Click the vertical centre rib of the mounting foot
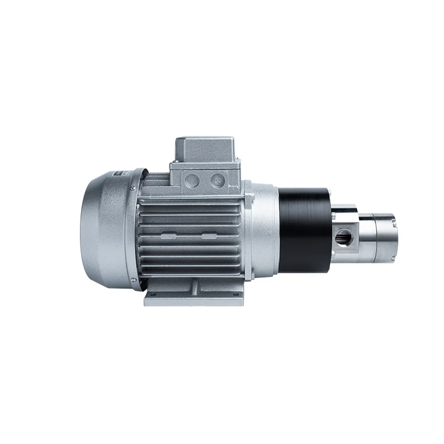(195, 289)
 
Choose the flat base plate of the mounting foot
(195, 302)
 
